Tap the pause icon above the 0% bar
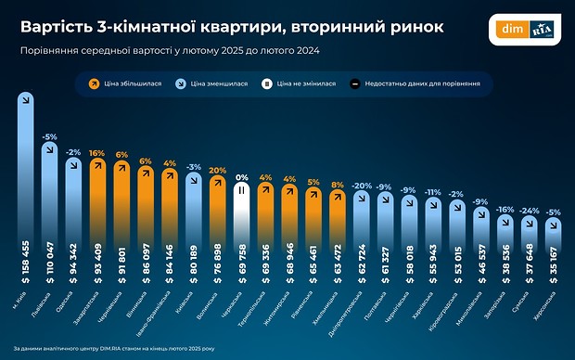pyautogui.click(x=242, y=191)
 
